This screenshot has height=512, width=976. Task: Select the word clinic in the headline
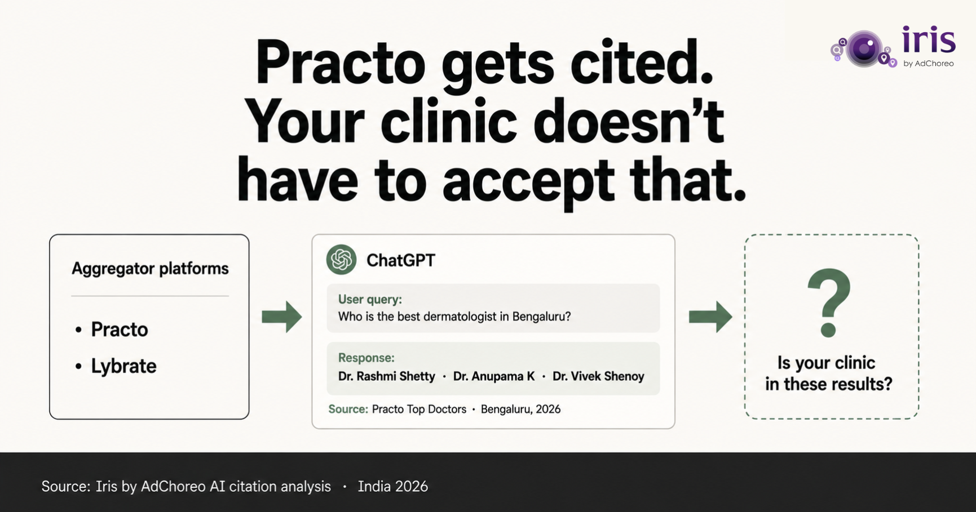[x=448, y=121]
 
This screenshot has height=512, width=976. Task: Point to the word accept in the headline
[x=528, y=182]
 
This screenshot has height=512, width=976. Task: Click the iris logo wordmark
[x=929, y=40]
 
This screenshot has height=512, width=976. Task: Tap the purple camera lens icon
[x=864, y=49]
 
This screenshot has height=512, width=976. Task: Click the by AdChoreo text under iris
[x=928, y=64]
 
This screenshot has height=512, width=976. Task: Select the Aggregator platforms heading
[x=150, y=269]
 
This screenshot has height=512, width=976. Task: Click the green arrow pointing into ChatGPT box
[x=281, y=317]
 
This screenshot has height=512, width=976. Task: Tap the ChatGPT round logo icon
[x=341, y=260]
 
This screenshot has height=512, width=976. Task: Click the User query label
[x=370, y=300]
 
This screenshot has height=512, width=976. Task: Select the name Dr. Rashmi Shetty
[x=387, y=376]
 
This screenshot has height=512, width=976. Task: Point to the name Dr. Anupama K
[x=494, y=376]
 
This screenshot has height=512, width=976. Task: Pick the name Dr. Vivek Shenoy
[x=598, y=376]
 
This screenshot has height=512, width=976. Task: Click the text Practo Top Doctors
[x=419, y=409]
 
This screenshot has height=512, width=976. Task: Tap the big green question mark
[x=829, y=302]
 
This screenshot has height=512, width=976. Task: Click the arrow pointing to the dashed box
[x=710, y=317]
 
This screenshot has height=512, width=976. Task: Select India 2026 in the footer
[x=393, y=487]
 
